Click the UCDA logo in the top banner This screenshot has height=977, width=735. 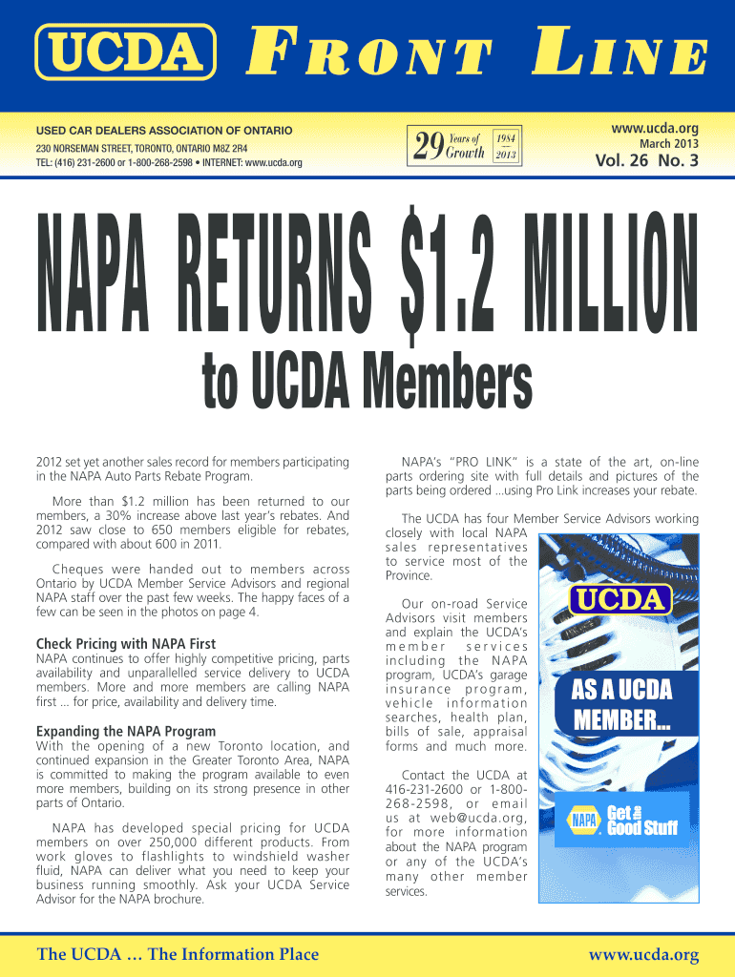[125, 51]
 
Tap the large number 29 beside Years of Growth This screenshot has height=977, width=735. [429, 146]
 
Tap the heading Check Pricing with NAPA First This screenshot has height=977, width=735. [125, 644]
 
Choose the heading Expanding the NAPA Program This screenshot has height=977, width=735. [125, 732]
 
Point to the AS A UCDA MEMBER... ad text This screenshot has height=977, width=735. [621, 705]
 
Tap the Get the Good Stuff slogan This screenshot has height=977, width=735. [641, 820]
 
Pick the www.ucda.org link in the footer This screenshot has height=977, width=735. [644, 955]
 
